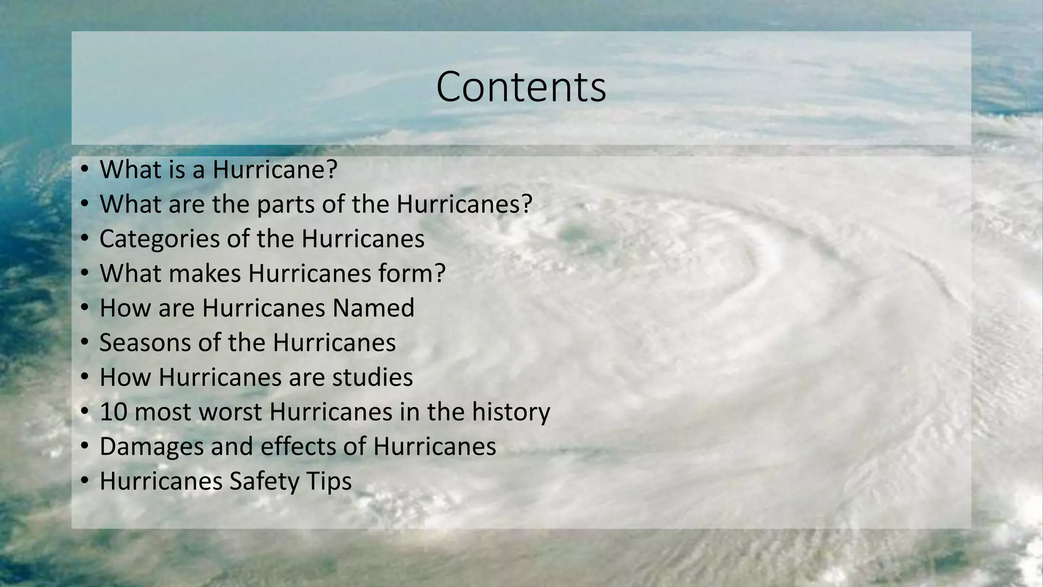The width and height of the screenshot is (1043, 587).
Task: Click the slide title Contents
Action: pyautogui.click(x=521, y=87)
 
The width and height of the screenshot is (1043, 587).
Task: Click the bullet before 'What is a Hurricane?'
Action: pyautogui.click(x=85, y=169)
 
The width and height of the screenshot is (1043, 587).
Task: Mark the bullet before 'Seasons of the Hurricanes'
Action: pyautogui.click(x=85, y=342)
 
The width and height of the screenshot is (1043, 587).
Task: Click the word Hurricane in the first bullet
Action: pyautogui.click(x=268, y=169)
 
